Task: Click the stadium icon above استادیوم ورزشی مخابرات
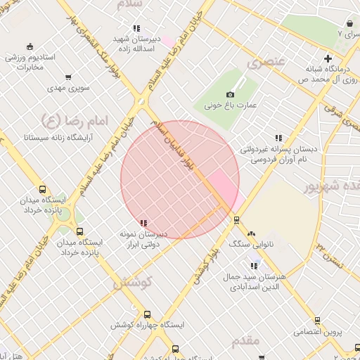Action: [29, 45]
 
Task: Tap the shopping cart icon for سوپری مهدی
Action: [68, 77]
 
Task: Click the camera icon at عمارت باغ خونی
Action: [230, 95]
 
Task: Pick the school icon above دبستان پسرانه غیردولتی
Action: [278, 138]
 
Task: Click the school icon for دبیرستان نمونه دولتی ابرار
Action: [143, 223]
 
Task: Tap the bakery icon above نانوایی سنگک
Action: [252, 233]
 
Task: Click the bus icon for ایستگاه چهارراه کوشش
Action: [147, 315]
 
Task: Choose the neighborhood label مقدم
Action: [245, 341]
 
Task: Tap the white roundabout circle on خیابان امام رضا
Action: [141, 102]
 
